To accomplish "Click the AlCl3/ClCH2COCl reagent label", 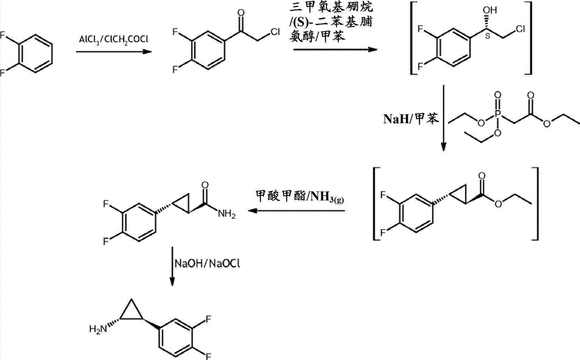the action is coord(114,39).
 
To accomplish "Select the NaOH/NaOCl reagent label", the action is coord(207,264).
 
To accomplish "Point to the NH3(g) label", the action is coord(327,197).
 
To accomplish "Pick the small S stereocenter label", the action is coord(487,36).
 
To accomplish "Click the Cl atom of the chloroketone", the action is coord(275,32).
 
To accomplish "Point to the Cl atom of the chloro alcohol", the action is coord(520,29).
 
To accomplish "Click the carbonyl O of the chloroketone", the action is coord(241,13).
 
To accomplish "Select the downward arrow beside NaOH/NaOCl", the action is coord(172,266).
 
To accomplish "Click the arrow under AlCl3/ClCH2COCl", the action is coord(114,52).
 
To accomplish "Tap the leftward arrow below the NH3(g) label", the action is coord(296,211).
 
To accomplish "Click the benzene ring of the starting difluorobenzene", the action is coord(35,54).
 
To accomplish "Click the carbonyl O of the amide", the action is coord(205,185).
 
